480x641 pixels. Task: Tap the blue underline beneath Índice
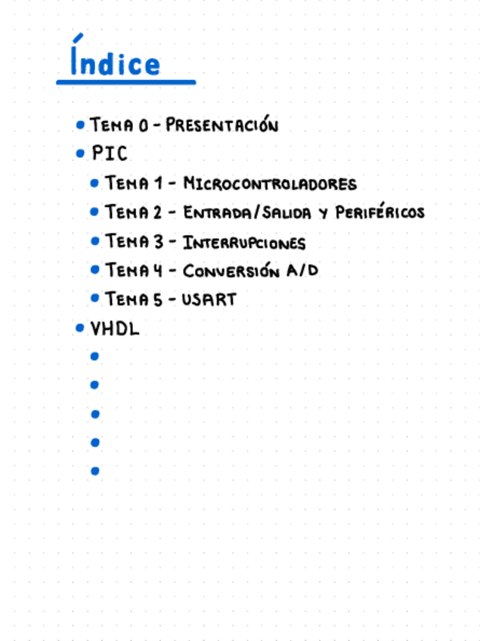pyautogui.click(x=125, y=82)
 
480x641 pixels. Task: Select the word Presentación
pyautogui.click(x=221, y=125)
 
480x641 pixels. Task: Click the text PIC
pyautogui.click(x=110, y=153)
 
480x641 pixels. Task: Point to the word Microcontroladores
pyautogui.click(x=270, y=184)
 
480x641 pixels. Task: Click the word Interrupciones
pyautogui.click(x=244, y=243)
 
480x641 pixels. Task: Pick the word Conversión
pyautogui.click(x=231, y=271)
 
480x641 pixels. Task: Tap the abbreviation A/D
pyautogui.click(x=302, y=270)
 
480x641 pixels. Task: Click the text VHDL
pyautogui.click(x=115, y=329)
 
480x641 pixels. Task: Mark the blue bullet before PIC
pyautogui.click(x=80, y=154)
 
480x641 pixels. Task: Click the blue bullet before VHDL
pyautogui.click(x=80, y=329)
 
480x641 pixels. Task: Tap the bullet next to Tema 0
pyautogui.click(x=80, y=125)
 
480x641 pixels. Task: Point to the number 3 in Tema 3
pyautogui.click(x=158, y=242)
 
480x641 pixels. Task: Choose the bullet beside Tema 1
pyautogui.click(x=94, y=184)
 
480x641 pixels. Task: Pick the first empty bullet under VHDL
pyautogui.click(x=94, y=356)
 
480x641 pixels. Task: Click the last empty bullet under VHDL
pyautogui.click(x=94, y=471)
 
